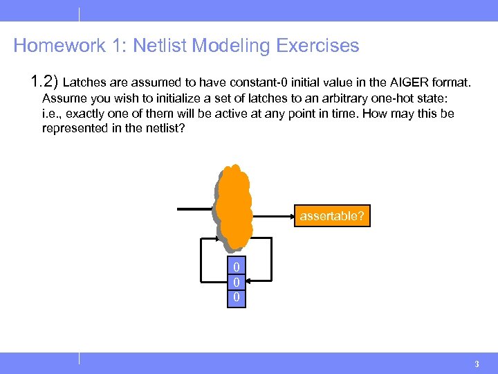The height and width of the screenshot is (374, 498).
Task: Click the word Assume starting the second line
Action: pos(62,98)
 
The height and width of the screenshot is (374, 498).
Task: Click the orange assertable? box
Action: pos(331,216)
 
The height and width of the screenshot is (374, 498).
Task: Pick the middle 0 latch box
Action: pos(237,283)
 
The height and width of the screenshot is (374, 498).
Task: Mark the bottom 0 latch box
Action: pos(237,297)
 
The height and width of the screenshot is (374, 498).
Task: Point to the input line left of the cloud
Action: pos(195,208)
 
